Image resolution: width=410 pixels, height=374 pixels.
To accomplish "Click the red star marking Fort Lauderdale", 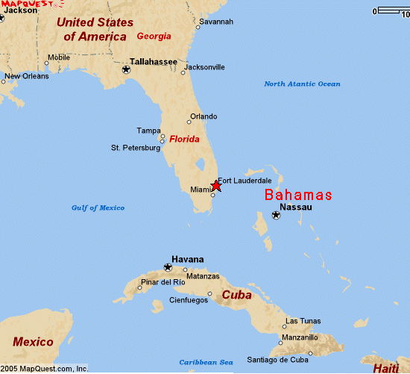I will tap(216, 185).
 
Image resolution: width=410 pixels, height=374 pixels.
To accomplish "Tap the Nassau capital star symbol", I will tap(276, 215).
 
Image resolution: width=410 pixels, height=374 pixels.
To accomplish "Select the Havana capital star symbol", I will tap(168, 267).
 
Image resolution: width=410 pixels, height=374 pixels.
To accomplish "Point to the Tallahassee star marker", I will tap(126, 69).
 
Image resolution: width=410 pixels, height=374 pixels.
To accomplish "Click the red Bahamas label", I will tap(298, 195).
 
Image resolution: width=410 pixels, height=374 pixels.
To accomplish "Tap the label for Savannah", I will tap(216, 22).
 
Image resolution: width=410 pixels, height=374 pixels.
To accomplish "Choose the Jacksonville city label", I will tap(204, 67).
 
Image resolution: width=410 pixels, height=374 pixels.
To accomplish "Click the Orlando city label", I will tap(204, 116).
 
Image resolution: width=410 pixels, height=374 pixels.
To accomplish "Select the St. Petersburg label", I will tap(136, 148).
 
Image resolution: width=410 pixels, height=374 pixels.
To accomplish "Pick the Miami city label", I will tap(201, 190).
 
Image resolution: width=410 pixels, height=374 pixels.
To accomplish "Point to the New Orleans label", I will tap(27, 76).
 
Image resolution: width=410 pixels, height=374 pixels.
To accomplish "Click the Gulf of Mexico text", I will tap(98, 208).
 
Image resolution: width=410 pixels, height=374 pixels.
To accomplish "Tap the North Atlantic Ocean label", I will tap(302, 84).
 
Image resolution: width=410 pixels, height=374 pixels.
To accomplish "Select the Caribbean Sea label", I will tap(206, 362).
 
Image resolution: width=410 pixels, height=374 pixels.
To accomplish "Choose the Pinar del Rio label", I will tap(163, 282).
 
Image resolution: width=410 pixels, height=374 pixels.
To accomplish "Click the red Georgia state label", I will tap(154, 36).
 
